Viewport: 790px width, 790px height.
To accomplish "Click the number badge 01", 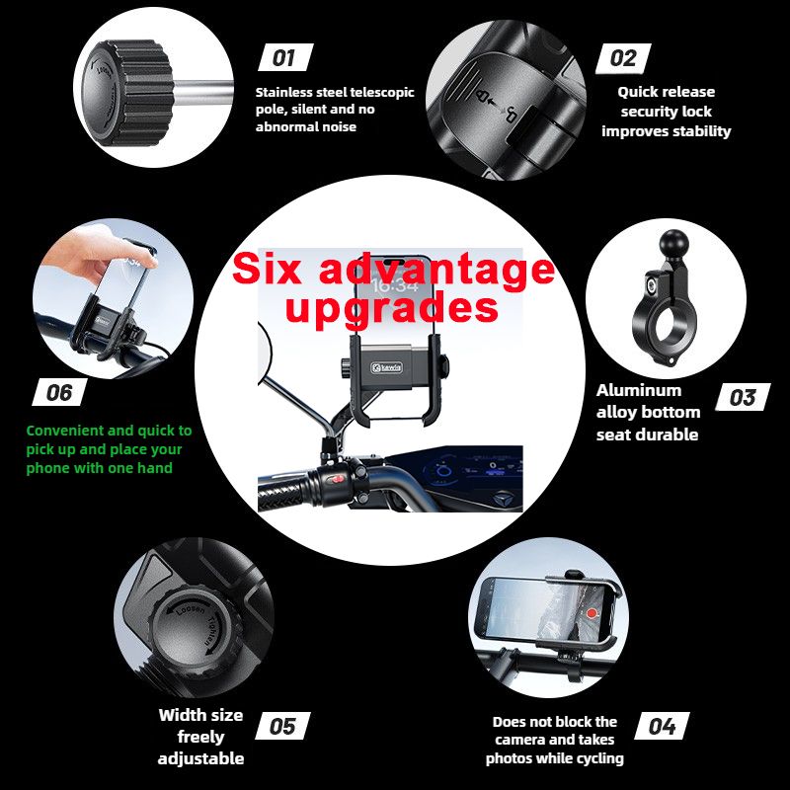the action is click(285, 57).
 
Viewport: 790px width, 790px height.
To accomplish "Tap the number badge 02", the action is click(623, 58).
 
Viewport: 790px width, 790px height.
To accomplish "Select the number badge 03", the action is click(743, 397).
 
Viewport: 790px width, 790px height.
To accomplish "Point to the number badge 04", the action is click(662, 726).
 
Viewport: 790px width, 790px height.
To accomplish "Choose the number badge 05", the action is click(282, 726).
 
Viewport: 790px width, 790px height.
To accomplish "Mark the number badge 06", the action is click(59, 392).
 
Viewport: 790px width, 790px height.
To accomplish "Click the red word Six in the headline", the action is click(267, 269).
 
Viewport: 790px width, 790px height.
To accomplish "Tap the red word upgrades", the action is click(391, 308).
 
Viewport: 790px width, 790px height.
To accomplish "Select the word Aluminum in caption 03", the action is click(638, 390).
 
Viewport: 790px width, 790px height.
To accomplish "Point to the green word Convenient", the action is click(65, 431).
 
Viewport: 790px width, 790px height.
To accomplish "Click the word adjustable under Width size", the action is click(200, 758).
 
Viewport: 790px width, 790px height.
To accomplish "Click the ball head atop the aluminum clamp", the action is click(672, 244).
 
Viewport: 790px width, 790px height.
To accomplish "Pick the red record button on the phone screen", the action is click(592, 613).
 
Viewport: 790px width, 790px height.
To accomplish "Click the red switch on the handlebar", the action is click(337, 479).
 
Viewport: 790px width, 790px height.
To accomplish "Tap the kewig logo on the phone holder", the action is click(387, 367).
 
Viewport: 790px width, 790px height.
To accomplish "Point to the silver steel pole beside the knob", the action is click(201, 92).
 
